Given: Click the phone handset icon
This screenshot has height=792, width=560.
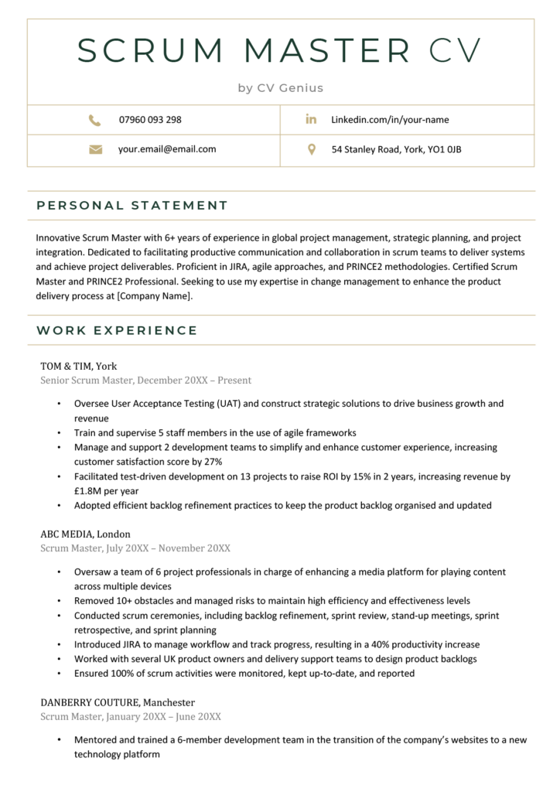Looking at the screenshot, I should pos(94,120).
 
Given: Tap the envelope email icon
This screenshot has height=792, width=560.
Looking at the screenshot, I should pos(95,149).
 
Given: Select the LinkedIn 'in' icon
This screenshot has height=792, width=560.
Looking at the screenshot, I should pos(311,119).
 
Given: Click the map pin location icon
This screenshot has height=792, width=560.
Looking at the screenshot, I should pos(311,149).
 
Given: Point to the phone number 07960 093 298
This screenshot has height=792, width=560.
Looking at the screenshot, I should pos(150,120).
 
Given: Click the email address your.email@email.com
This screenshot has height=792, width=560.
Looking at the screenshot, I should pos(167,149).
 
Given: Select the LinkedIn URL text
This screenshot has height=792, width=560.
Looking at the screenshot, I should pos(390,120).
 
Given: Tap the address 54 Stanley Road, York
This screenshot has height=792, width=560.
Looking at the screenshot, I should pos(396,149).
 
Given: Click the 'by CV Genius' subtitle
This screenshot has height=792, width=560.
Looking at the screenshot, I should pos(280,88).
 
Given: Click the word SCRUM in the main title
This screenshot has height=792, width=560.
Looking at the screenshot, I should pos(152,50).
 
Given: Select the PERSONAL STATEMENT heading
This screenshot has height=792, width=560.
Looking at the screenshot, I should pos(132,206).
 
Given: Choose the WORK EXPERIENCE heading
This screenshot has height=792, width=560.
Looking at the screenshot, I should pos(117,331).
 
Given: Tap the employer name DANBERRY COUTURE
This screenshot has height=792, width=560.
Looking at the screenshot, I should pos(90,702).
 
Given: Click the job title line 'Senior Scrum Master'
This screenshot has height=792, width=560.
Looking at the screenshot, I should pos(87,381).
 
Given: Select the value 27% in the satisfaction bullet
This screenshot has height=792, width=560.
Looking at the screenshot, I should pos(213,462).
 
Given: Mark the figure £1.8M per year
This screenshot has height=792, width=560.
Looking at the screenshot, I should pos(107,491).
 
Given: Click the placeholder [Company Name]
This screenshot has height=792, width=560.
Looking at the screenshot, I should pos(153,296).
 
